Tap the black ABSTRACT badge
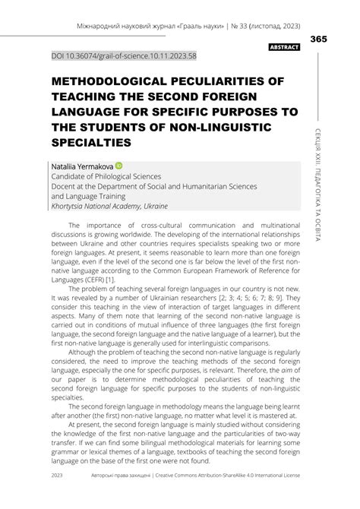[285, 47]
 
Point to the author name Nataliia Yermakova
[81, 165]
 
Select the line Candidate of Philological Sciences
[111, 175]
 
